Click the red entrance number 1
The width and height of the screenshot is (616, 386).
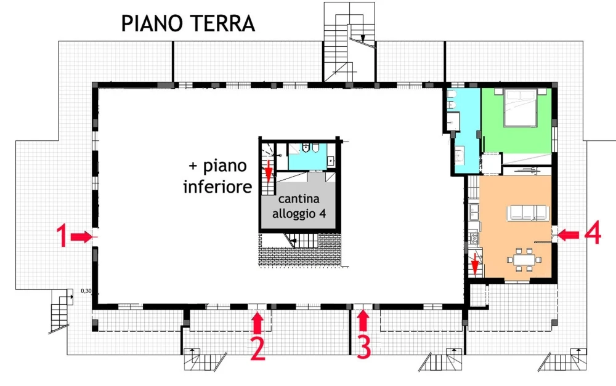(x=62, y=236)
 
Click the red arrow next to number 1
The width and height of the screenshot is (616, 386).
(x=82, y=237)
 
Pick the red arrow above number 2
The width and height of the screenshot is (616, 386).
(x=257, y=322)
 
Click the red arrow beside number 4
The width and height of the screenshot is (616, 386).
(x=568, y=235)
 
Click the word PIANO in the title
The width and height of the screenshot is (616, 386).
(x=152, y=23)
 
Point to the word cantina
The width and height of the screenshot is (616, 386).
(x=299, y=199)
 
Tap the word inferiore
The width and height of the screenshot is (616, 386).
(x=217, y=186)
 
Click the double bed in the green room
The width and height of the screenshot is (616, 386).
(x=521, y=107)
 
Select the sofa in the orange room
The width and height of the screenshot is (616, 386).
(x=528, y=212)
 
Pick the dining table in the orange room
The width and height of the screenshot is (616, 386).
(x=524, y=260)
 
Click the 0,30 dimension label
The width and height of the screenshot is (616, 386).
(x=86, y=291)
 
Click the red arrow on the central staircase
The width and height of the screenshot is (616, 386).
(x=269, y=171)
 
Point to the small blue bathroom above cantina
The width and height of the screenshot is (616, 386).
(x=307, y=156)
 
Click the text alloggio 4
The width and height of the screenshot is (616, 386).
(x=299, y=214)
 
